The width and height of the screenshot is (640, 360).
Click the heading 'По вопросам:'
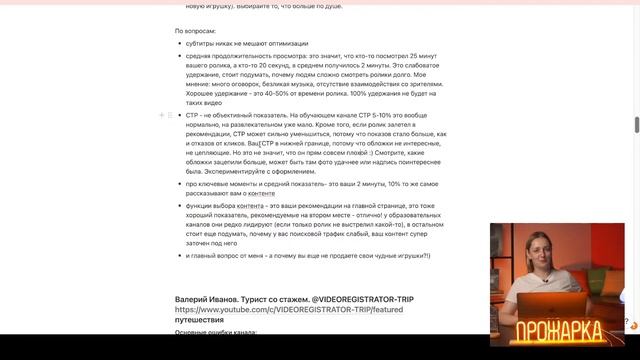click(x=195, y=31)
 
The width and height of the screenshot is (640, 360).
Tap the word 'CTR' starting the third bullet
click(x=193, y=116)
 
